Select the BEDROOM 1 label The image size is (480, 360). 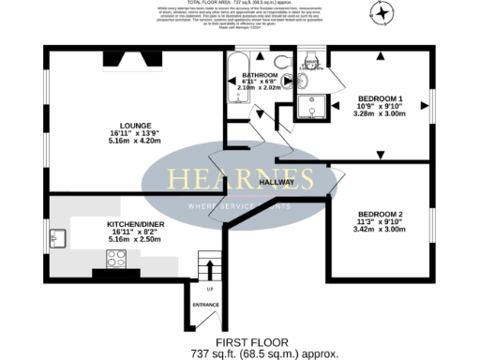380,98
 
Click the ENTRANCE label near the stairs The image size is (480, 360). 206,305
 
